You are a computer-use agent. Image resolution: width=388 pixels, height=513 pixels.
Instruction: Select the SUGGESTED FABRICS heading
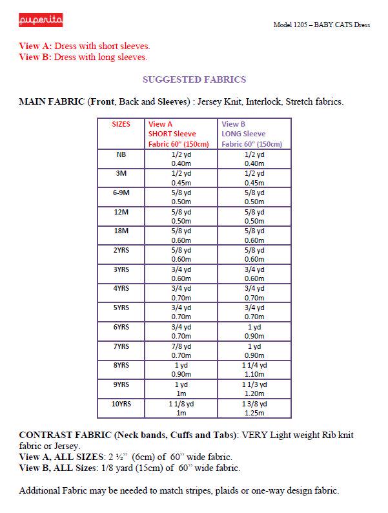(x=194, y=80)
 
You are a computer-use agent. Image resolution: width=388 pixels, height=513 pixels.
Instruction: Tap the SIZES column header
(x=121, y=123)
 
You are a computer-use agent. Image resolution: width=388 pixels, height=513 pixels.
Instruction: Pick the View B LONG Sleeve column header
(x=252, y=134)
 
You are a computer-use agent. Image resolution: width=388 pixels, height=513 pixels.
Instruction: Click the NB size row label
(x=121, y=154)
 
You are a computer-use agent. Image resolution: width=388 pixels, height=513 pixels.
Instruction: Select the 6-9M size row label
(x=121, y=193)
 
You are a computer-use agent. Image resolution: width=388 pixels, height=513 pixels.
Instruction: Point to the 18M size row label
(x=121, y=231)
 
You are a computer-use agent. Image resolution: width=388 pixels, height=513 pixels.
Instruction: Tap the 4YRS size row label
(x=121, y=289)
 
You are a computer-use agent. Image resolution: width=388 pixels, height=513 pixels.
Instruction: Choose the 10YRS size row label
(x=121, y=404)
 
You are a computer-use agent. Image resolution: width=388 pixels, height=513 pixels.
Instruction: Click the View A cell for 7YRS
(x=181, y=350)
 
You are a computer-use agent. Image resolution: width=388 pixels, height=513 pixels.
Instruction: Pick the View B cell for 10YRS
(x=254, y=408)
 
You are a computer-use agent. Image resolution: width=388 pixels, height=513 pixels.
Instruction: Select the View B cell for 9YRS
(x=254, y=389)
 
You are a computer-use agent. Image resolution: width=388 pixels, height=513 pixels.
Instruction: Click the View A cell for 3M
(x=181, y=178)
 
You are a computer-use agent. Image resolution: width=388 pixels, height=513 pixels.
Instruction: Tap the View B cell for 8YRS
(x=254, y=370)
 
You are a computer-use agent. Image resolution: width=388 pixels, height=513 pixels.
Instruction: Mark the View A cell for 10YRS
(x=181, y=408)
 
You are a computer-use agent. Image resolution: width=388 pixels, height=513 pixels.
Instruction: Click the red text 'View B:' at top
(x=36, y=57)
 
